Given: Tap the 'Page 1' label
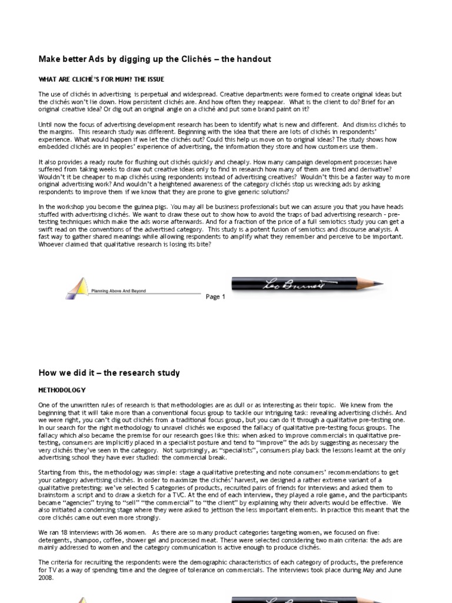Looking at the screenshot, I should coord(215,297).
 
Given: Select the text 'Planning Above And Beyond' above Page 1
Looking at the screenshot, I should coord(118,291).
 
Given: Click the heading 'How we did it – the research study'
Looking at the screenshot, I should coord(109,373).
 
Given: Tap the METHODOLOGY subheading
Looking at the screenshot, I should coord(62,390).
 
